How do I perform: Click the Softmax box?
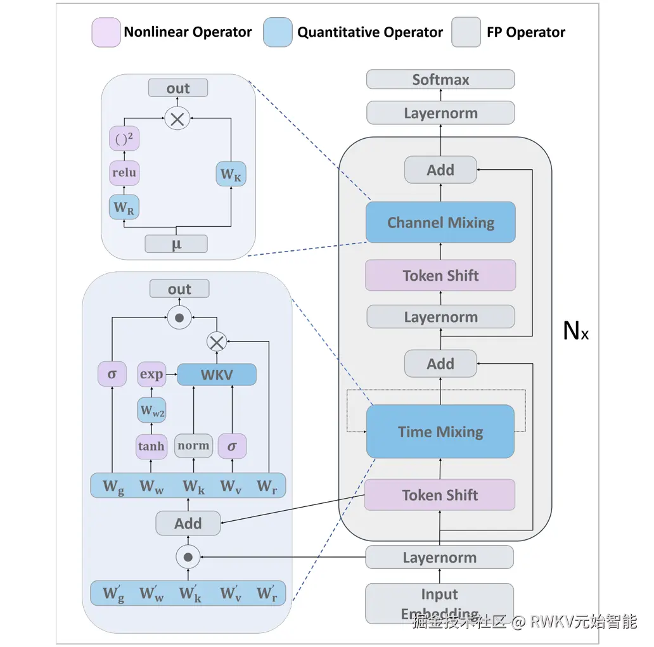[x=440, y=80]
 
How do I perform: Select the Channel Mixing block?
[x=440, y=222]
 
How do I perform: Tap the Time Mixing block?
[x=440, y=432]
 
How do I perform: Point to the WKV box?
[x=217, y=375]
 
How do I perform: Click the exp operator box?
[x=151, y=375]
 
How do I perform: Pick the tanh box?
[x=151, y=446]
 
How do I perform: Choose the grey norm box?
[x=193, y=446]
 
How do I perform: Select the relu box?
[x=124, y=173]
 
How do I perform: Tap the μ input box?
[x=176, y=243]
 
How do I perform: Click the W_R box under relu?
[x=124, y=207]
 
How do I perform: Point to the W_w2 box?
[x=151, y=411]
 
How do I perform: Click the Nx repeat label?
[x=575, y=331]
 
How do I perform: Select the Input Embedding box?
[x=439, y=603]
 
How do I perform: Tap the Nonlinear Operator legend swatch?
[x=106, y=32]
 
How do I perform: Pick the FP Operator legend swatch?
[x=466, y=32]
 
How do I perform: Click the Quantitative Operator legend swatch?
[x=278, y=32]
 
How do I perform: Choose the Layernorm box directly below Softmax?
[x=440, y=113]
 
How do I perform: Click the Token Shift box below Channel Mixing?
[x=440, y=276]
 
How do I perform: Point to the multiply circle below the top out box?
[x=177, y=119]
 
